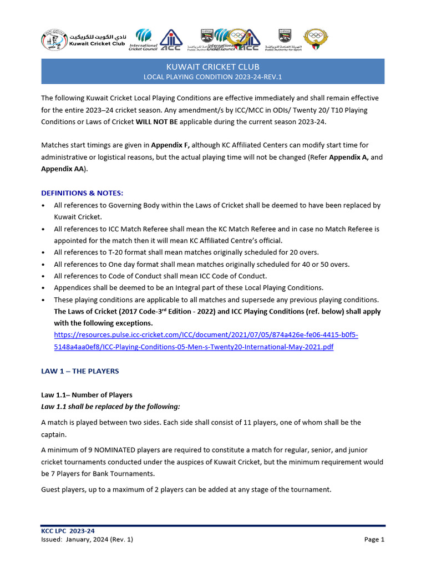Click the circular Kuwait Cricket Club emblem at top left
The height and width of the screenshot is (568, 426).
click(54, 40)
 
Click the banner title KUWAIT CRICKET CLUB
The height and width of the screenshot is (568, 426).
click(213, 67)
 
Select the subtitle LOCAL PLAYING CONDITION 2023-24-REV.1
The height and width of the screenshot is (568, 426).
click(213, 77)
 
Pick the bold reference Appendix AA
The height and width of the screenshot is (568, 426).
click(62, 169)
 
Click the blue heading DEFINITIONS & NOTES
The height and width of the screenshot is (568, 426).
click(82, 193)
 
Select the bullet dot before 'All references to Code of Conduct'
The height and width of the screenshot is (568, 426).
click(44, 276)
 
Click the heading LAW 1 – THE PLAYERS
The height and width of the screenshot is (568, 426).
click(80, 371)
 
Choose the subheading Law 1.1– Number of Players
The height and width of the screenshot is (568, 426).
click(87, 395)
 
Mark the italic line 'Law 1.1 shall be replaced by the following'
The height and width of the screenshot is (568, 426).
click(110, 407)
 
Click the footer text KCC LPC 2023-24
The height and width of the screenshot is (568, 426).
click(64, 531)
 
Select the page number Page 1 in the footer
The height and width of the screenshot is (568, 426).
click(374, 539)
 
